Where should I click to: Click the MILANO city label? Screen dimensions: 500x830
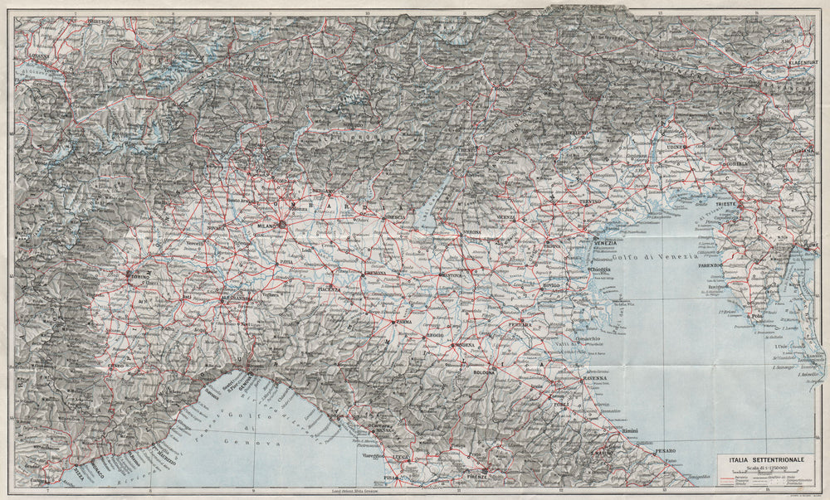(266, 224)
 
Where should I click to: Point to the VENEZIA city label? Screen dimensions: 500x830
(605, 242)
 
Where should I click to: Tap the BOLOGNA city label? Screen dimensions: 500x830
(484, 373)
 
